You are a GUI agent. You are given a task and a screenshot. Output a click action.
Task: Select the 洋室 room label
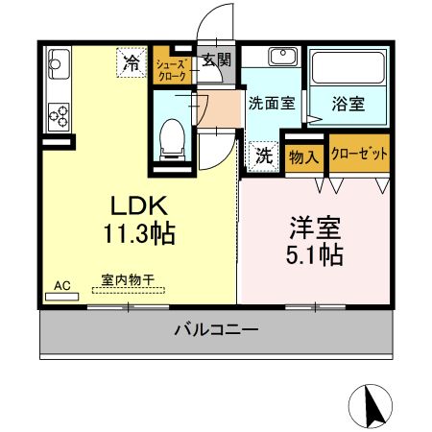318,230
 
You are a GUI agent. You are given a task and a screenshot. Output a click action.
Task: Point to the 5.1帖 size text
318,256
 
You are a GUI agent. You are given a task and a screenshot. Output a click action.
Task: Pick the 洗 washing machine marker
263,154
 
